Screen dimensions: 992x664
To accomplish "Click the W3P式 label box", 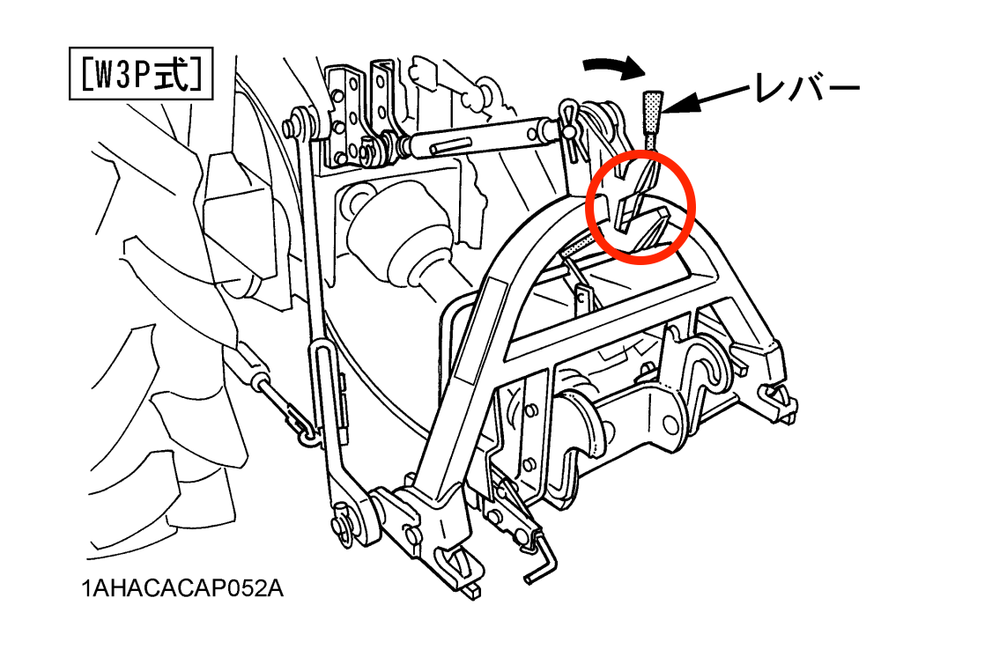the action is tap(140, 73).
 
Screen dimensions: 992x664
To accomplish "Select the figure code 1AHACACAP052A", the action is tap(182, 589).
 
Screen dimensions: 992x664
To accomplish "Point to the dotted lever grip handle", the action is tap(653, 111).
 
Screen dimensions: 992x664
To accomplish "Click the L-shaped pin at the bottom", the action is tap(543, 563).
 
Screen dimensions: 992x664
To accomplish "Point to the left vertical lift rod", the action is tap(316, 316).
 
